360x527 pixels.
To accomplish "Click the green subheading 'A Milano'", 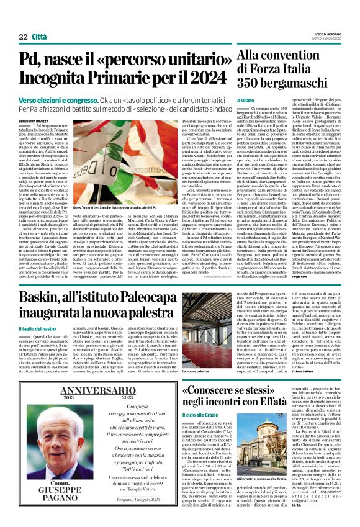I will coord(246,101).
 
